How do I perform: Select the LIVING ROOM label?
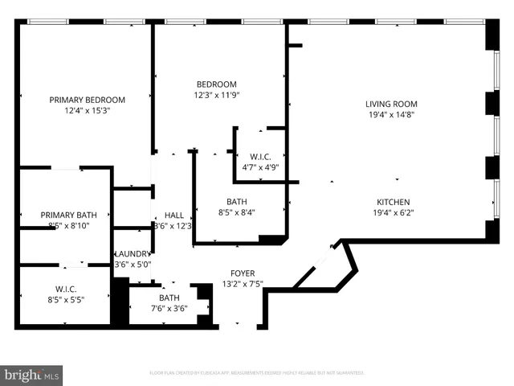tap(391, 103)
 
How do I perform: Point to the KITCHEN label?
tap(394, 202)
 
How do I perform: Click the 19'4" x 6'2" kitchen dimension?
tap(394, 213)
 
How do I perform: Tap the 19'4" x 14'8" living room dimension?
tap(391, 114)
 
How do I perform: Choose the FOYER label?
tap(243, 273)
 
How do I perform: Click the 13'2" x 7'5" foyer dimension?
tap(243, 283)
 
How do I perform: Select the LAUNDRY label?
tap(133, 253)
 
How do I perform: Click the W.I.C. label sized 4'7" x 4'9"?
tap(260, 157)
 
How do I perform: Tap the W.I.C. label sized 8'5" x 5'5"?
tap(65, 288)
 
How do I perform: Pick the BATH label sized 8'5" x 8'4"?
tap(236, 202)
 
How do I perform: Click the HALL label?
tap(174, 216)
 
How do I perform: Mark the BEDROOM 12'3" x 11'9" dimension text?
tap(218, 95)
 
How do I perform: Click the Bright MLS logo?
tap(32, 374)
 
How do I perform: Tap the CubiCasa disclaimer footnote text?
tap(257, 372)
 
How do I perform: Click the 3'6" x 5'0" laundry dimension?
tap(133, 264)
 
